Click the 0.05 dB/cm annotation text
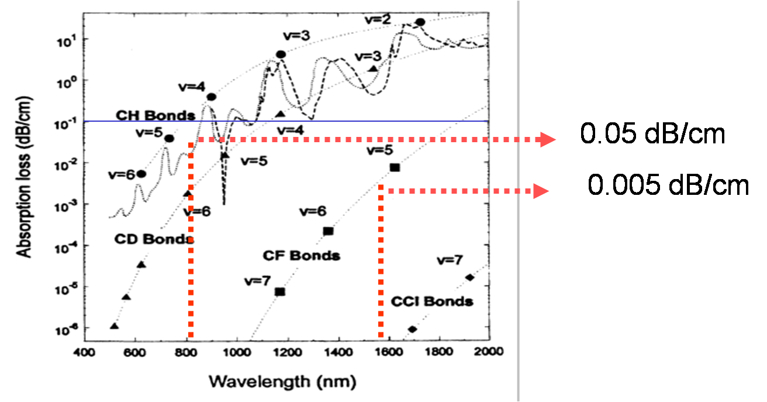(x=652, y=135)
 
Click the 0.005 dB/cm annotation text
(x=668, y=185)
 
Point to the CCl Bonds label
(x=432, y=302)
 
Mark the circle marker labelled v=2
(x=420, y=22)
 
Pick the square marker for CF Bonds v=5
(x=395, y=168)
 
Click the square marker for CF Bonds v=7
(x=280, y=291)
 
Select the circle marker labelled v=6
(x=141, y=174)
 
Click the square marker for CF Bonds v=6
(x=328, y=231)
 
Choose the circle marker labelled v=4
(x=211, y=97)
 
